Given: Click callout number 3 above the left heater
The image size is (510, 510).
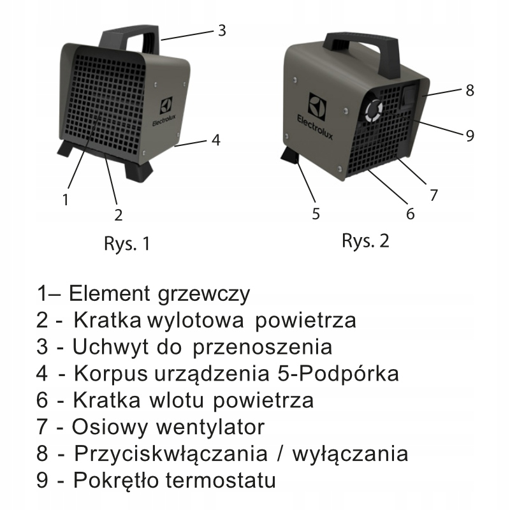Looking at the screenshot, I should [x=221, y=30].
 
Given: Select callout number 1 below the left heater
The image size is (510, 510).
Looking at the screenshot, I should [x=65, y=199].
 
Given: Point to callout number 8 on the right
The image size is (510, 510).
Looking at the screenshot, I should [x=470, y=90].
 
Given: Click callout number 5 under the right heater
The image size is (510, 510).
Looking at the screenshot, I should [x=316, y=214].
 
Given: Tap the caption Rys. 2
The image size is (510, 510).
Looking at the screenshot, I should [x=365, y=241].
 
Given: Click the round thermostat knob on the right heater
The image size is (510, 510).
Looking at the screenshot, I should [x=374, y=113].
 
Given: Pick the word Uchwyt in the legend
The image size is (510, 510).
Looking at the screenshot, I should [x=105, y=347].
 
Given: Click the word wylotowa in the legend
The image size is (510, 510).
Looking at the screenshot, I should [x=196, y=319].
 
